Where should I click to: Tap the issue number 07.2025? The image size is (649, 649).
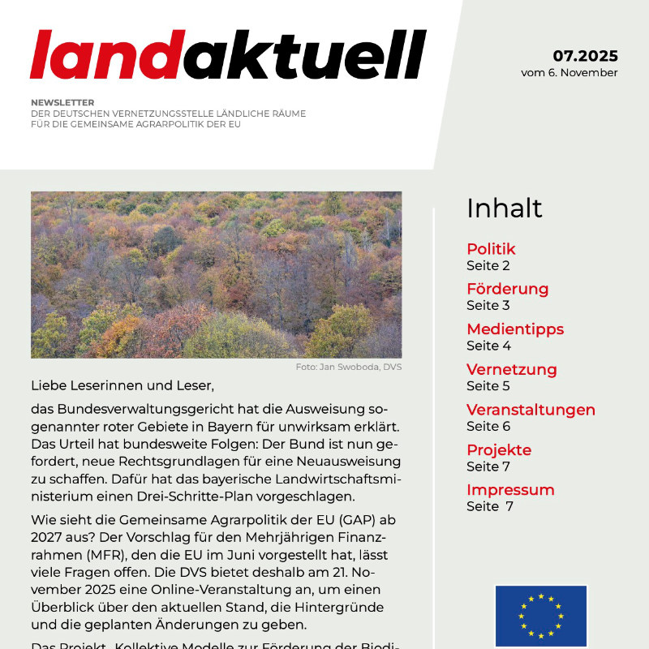[x=585, y=56]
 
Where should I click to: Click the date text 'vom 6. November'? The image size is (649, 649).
[x=569, y=72]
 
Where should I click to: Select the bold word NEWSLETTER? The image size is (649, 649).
[x=62, y=103]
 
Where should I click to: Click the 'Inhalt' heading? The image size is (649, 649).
[x=504, y=208]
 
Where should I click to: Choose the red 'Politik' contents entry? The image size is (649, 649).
[x=491, y=249]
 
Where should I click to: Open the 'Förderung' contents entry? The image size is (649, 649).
[x=507, y=289]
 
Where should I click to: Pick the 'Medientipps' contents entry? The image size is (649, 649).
[x=514, y=329]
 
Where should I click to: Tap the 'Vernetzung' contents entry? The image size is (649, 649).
[x=511, y=369]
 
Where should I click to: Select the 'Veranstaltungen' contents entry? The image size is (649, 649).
[x=531, y=410]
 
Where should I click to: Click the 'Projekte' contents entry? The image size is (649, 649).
[x=499, y=449]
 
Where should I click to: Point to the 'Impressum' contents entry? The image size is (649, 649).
[x=510, y=490]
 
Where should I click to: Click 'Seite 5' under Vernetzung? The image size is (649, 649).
[x=488, y=386]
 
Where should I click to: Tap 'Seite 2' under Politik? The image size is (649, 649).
[x=488, y=265]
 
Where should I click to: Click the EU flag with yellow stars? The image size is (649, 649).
[x=540, y=616]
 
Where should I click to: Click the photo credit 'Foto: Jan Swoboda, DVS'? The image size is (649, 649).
[x=349, y=367]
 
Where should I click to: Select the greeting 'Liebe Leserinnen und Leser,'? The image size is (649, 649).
[x=122, y=385]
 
